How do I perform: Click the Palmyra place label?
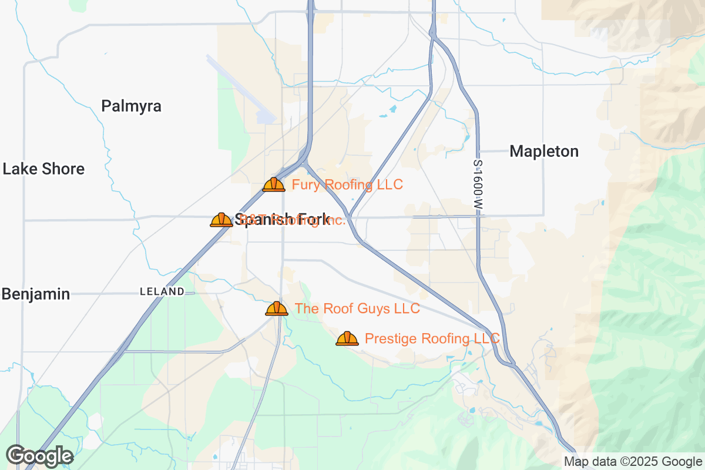131,106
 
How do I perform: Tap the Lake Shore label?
43,169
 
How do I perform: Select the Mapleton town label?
544,152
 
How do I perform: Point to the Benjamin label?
36,294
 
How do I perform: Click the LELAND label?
162,291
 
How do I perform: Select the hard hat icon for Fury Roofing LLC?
274,185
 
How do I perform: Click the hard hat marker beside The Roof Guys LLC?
277,308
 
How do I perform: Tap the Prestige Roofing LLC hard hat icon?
347,338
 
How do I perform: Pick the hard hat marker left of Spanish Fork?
221,220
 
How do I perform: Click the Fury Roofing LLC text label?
347,185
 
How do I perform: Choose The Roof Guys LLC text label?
357,308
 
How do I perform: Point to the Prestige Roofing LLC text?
432,338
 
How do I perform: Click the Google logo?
40,455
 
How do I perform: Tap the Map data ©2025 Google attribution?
633,462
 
